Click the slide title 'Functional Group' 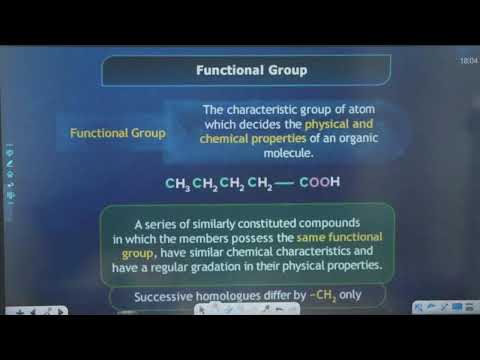[x=251, y=71]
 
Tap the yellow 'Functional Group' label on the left [x=118, y=132]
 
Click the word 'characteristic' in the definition [x=259, y=110]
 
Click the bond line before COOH [x=283, y=182]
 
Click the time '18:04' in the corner [x=467, y=62]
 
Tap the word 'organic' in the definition [x=318, y=140]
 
